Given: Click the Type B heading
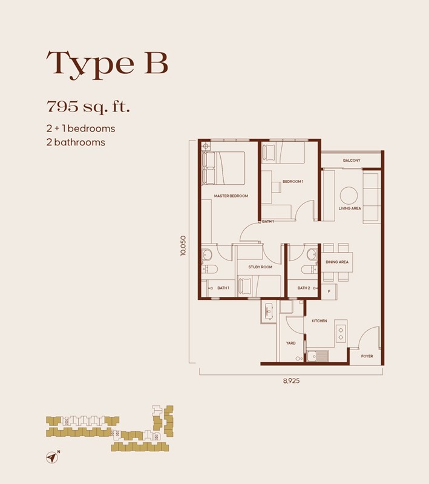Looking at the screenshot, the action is coord(107,64).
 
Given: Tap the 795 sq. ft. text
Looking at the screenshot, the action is coord(88,107).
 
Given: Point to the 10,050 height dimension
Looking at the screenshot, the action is coord(183,246).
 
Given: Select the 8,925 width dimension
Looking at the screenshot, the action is coord(291,380).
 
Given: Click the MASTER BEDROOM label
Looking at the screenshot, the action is coord(231,196).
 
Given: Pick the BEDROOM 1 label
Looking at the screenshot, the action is coord(293,182).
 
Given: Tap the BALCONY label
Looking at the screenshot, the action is coord(352,161).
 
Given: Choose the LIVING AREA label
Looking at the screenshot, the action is coord(350,208).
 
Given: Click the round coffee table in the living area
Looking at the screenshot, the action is coord(349,196).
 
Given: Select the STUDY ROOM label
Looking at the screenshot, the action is coord(260,267).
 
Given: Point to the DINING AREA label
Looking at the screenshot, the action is coord(337,262).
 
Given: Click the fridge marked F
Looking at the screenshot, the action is coord(329,291).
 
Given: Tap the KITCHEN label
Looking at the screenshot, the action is coord(319,321).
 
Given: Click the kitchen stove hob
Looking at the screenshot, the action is coord(341,333).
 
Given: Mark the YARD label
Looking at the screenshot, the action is coord(290,343).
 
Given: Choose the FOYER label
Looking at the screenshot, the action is coord(367,356).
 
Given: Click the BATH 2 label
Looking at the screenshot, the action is coord(304,288).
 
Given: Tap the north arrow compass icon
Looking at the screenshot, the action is coord(53,457).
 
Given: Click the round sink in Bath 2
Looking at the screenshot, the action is coord(312,254).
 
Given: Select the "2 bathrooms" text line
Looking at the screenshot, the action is coord(76,142).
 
